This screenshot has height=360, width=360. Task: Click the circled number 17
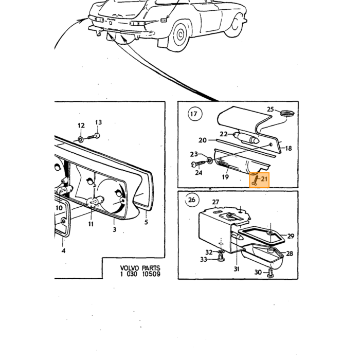(194, 114)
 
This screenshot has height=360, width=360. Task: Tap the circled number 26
(191, 200)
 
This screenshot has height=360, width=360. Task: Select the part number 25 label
(271, 109)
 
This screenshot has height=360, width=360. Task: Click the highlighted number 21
(264, 178)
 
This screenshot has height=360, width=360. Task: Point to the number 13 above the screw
(98, 122)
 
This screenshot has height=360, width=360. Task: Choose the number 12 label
(81, 125)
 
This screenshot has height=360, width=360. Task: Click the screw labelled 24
(199, 163)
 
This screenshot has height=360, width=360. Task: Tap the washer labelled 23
(210, 160)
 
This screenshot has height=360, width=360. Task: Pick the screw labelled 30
(270, 273)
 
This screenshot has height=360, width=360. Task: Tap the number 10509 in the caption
(151, 274)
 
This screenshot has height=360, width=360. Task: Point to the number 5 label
(146, 222)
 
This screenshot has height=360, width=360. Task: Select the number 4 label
(64, 250)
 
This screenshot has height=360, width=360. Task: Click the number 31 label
(237, 269)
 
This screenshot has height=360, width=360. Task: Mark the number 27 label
(215, 202)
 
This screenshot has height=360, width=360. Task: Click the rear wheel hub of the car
(180, 34)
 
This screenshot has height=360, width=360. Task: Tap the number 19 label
(225, 177)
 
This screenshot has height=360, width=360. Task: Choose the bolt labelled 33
(221, 259)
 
